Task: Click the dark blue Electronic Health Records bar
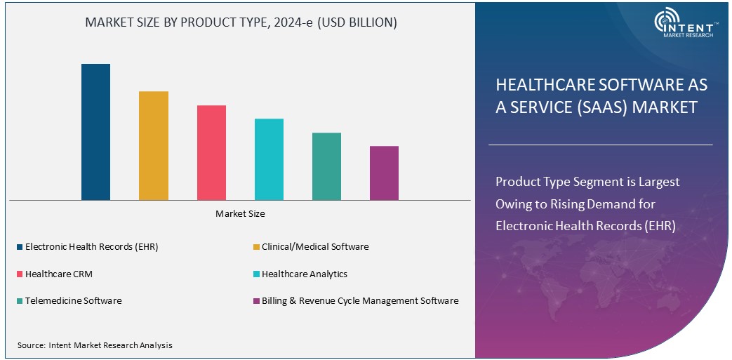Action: click(x=95, y=132)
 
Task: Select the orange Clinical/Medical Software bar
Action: click(x=153, y=145)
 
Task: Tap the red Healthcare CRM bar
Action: click(x=211, y=152)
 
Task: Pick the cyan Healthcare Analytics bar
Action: click(x=269, y=159)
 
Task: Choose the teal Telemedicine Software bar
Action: click(x=326, y=166)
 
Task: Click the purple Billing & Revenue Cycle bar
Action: click(x=384, y=173)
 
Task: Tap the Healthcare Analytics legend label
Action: click(x=304, y=274)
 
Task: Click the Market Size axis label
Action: click(x=240, y=213)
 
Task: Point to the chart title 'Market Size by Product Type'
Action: click(x=241, y=22)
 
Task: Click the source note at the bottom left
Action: click(x=95, y=345)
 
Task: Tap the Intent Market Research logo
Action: click(x=684, y=25)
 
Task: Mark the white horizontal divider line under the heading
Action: click(x=600, y=145)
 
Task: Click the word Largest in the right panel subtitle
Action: click(x=659, y=182)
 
